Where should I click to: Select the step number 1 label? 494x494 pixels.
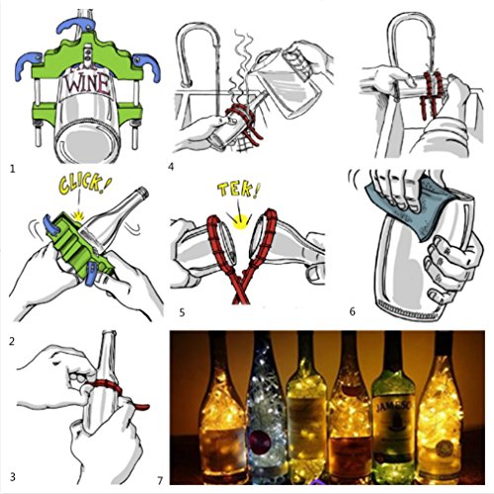coord(11,168)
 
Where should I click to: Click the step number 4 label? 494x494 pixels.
coord(171,166)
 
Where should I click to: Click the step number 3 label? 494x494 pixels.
coord(10,477)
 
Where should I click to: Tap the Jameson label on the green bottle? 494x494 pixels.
coord(392,428)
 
